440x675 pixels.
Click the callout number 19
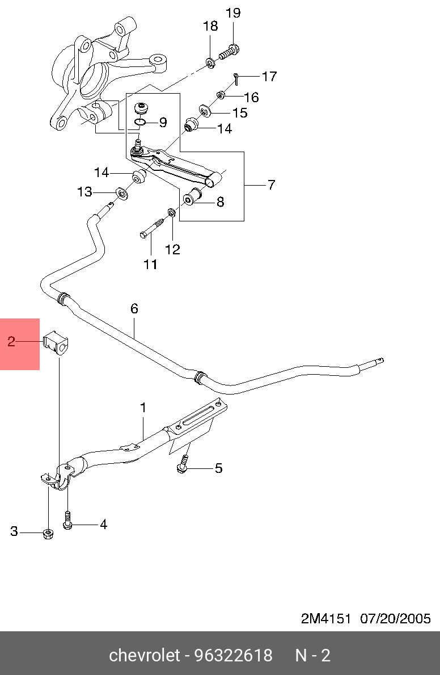pos(233,12)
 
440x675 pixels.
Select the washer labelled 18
pos(210,61)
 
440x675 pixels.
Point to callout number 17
pos(269,76)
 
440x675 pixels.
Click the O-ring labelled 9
pos(141,121)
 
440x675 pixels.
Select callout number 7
pos(271,185)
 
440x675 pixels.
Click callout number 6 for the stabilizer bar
pos(134,308)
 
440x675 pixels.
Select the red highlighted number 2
pos(11,341)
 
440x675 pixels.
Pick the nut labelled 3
pos(48,533)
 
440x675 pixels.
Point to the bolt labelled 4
pos(68,521)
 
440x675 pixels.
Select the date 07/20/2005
pos(396,618)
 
